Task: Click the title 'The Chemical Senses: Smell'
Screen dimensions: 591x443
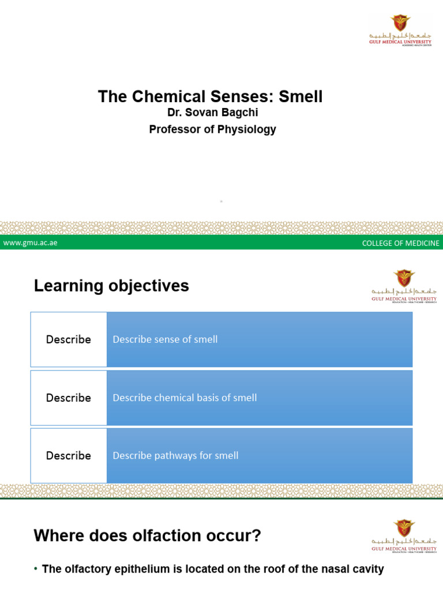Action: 210,96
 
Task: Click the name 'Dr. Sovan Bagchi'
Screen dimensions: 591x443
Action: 212,114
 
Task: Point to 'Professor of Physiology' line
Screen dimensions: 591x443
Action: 212,129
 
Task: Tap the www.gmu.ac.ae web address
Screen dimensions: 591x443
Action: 30,243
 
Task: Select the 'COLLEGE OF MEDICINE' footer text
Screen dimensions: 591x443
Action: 400,243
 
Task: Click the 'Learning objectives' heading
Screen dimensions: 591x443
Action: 111,286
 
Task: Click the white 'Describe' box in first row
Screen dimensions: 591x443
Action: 69,339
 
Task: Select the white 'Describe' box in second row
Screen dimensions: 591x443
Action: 69,398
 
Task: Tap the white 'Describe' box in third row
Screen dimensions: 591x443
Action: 69,455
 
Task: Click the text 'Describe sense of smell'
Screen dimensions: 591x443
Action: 165,339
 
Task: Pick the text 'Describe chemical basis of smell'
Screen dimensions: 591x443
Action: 185,398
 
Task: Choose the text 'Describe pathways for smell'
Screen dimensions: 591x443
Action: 175,455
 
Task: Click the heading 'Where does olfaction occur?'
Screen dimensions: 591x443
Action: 148,536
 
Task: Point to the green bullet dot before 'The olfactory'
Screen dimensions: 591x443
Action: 36,570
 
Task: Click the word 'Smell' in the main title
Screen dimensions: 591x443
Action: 301,96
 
